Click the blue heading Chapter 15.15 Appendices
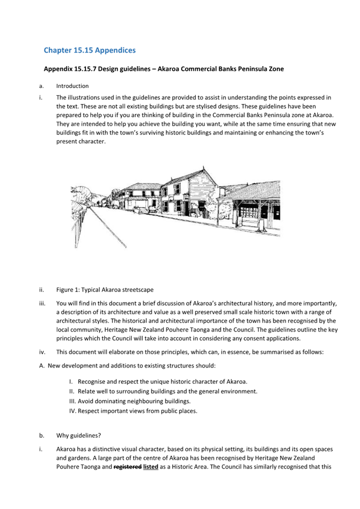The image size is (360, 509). tap(90, 50)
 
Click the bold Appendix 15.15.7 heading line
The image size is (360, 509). tap(164, 69)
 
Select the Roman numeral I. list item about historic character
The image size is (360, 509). tap(158, 382)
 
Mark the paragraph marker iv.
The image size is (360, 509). tap(42, 352)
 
